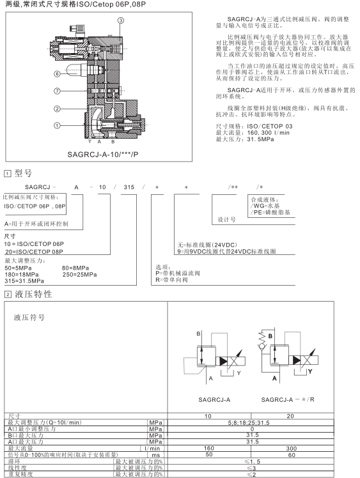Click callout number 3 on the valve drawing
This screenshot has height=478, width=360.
(121, 20)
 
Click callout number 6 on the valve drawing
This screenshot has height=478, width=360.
(57, 73)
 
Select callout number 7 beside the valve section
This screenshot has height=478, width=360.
(57, 91)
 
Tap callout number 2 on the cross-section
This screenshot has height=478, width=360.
(57, 109)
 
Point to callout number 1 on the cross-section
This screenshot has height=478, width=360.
(57, 125)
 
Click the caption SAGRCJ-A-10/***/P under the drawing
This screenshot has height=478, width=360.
(103, 154)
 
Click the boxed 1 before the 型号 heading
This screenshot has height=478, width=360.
(7, 174)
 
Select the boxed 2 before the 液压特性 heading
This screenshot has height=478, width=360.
(8, 295)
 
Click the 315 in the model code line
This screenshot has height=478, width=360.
(129, 187)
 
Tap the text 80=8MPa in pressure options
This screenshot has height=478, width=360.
(75, 268)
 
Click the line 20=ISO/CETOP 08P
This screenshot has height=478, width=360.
(34, 252)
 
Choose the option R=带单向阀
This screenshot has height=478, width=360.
(171, 279)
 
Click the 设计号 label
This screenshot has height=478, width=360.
(226, 219)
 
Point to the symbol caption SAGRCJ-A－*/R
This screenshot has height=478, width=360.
(288, 399)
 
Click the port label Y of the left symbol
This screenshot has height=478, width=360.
(239, 373)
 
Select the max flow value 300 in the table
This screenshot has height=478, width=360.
(292, 448)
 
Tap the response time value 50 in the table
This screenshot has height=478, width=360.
(209, 454)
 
